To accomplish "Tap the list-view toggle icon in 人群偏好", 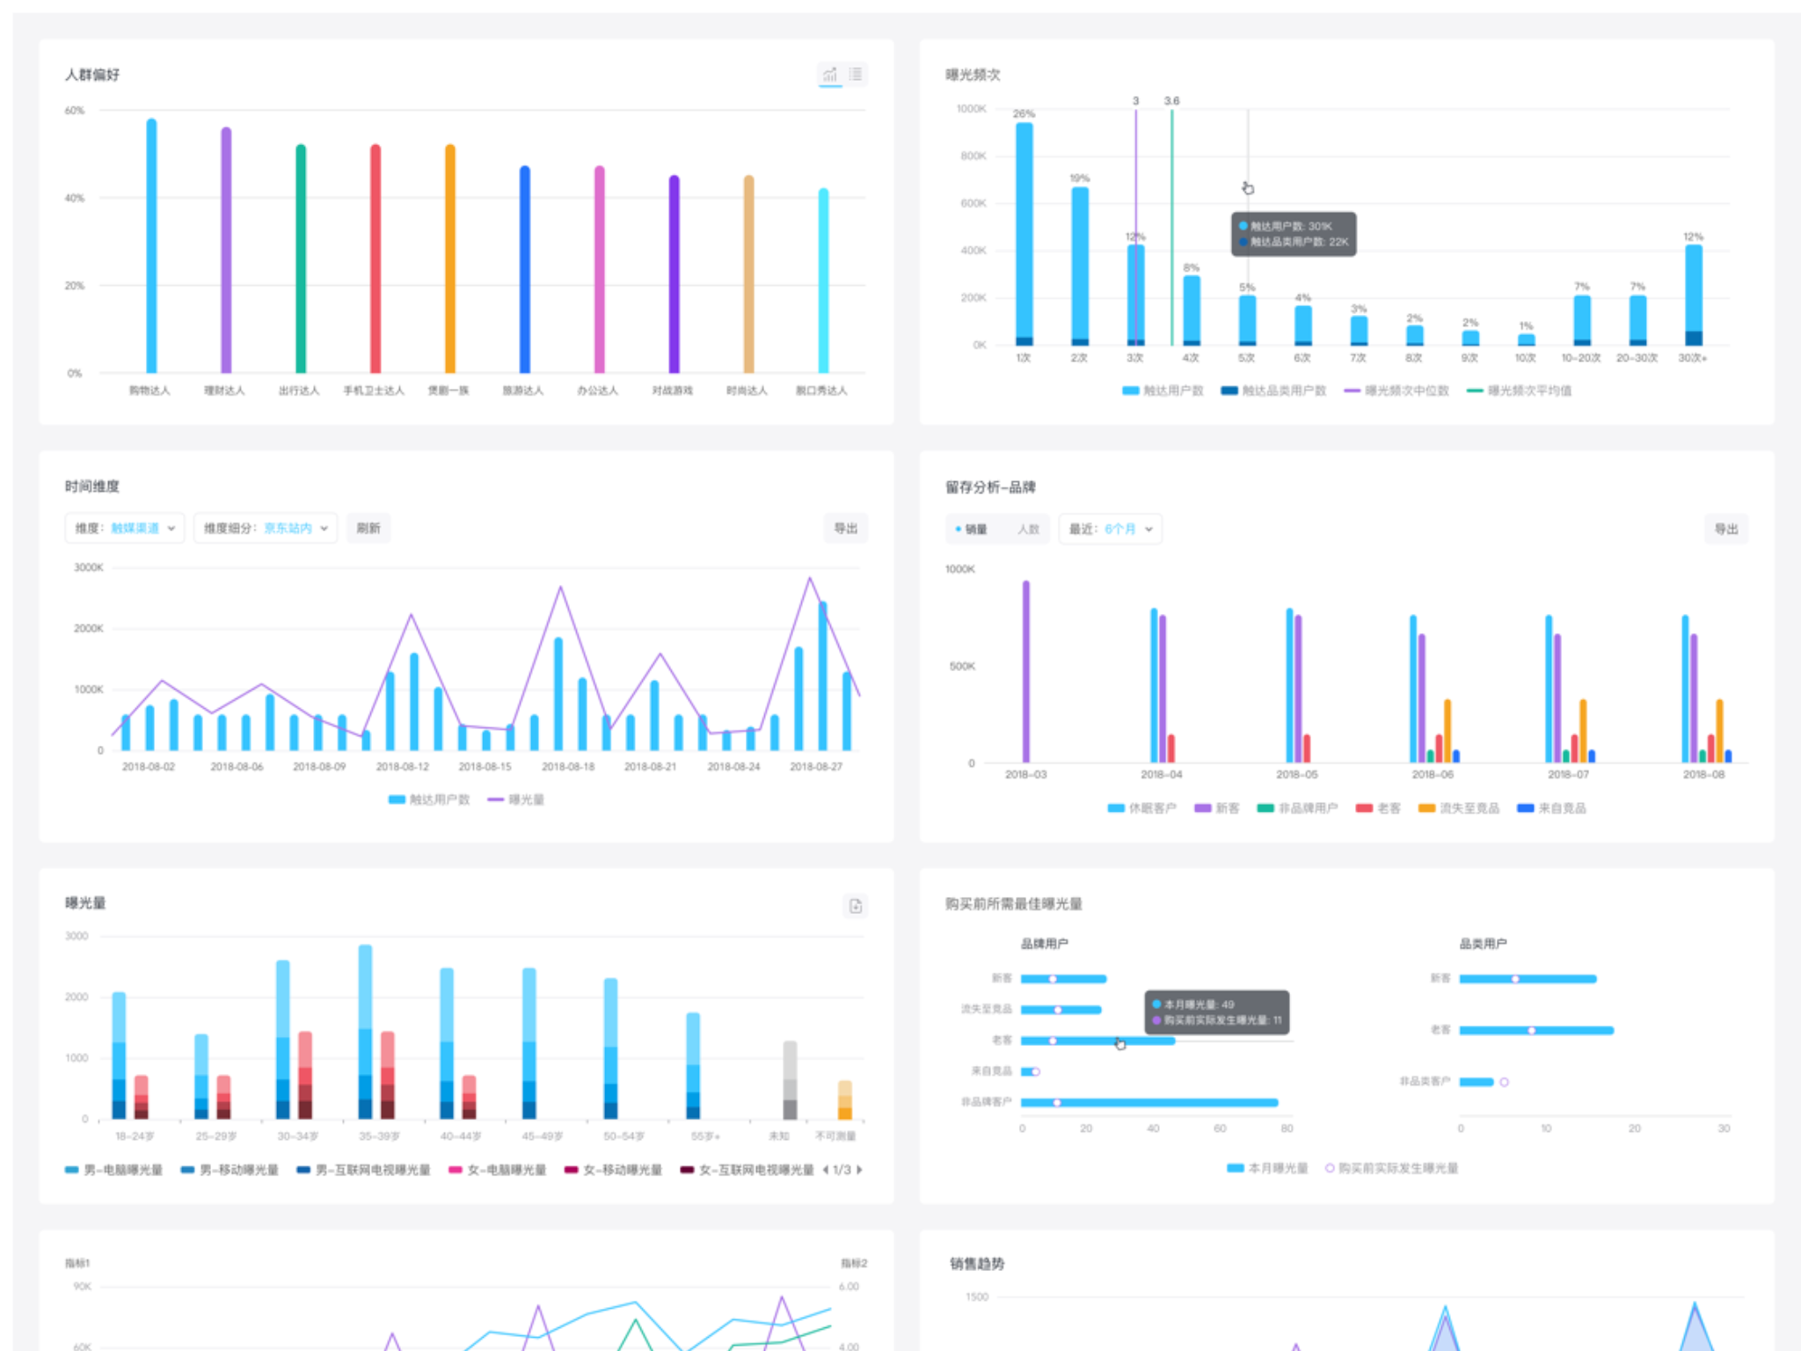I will [856, 75].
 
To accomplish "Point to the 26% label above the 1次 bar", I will [1024, 113].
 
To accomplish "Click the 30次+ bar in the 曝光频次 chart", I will [1694, 295].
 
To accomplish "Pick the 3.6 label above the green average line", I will [1171, 101].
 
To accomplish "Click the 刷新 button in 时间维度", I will [368, 528].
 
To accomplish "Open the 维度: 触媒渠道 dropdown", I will [125, 528].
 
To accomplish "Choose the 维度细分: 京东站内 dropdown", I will [266, 528].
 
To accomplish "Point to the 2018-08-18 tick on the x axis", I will [568, 767].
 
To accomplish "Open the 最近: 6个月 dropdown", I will [1110, 529].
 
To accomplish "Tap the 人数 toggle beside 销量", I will [1028, 529].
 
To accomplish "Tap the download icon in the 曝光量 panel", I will [856, 906].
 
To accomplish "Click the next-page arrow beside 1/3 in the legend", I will [859, 1170].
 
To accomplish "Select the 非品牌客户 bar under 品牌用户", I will [1148, 1102].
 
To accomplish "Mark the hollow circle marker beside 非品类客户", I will [1505, 1082].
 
